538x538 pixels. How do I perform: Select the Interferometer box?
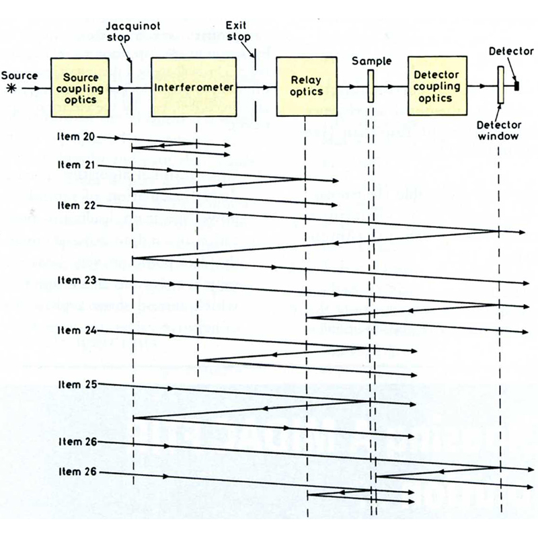coord(194,87)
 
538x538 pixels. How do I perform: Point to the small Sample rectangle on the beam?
coord(370,87)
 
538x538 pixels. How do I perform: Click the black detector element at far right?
coord(517,85)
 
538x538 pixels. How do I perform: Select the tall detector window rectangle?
coord(500,85)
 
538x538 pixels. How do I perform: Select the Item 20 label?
coord(75,137)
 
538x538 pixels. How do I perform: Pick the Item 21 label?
coord(75,165)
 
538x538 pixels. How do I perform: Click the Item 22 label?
coord(75,204)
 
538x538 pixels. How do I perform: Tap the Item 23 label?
coord(75,278)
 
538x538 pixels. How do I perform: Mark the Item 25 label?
coord(75,384)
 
